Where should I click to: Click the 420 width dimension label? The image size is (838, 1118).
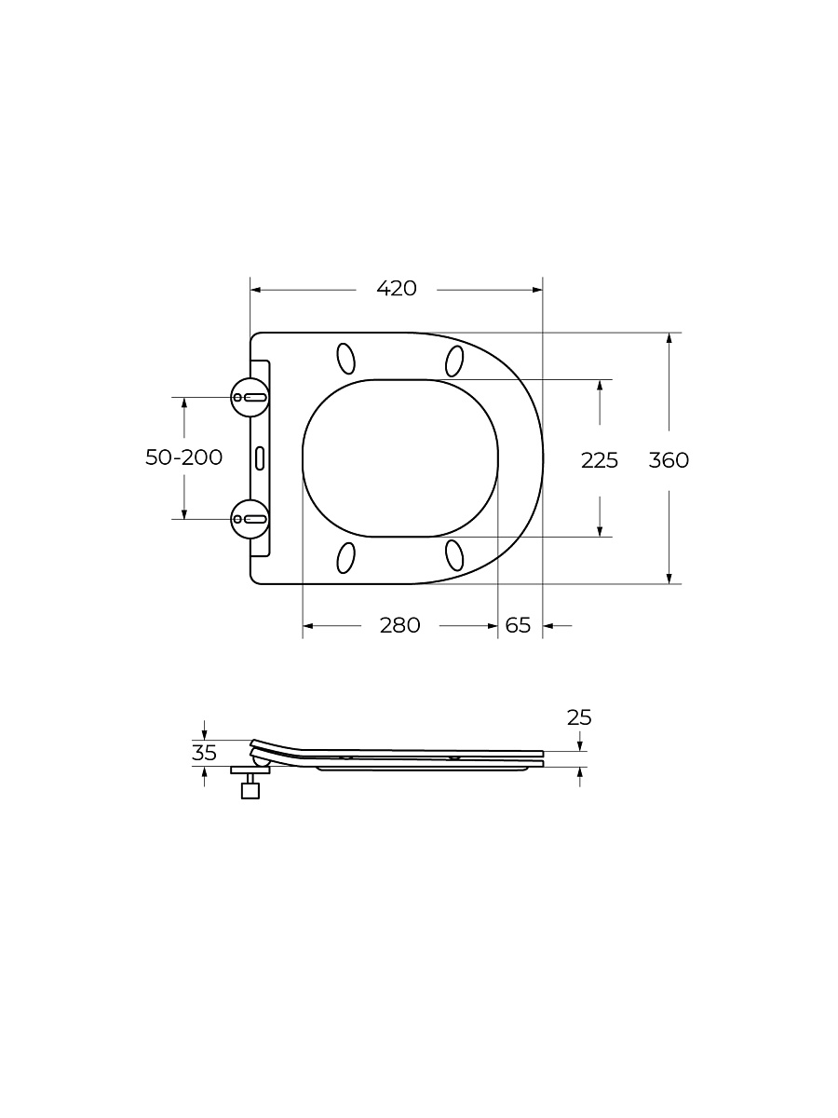pos(397,289)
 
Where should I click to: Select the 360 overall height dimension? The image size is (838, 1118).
pos(669,460)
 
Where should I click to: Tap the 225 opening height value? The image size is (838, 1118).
pos(600,460)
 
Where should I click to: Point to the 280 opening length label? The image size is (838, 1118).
pos(400,625)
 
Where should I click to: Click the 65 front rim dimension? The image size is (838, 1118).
pos(518,625)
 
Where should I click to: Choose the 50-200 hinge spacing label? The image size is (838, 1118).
pos(183,457)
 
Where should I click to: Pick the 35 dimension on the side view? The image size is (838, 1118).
pos(204,753)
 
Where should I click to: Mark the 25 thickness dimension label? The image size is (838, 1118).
pos(579,717)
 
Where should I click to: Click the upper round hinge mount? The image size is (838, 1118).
pos(250,397)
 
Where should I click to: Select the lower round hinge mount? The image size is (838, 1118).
pos(250,519)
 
